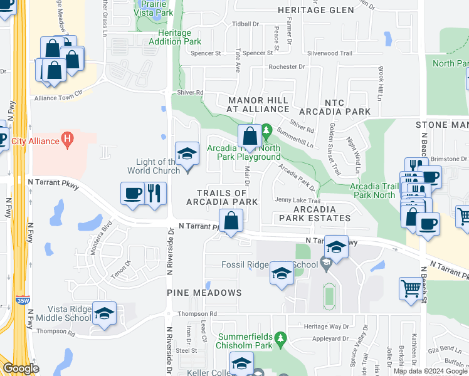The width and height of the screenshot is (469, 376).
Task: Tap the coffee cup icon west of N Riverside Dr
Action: (x=132, y=192)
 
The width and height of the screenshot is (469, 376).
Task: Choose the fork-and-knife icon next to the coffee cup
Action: (x=155, y=192)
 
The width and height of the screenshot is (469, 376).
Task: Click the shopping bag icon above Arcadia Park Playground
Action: (x=250, y=135)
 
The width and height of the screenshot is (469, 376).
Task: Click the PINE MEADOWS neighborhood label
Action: (x=204, y=293)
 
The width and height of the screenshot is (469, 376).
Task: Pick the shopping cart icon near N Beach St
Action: (x=411, y=289)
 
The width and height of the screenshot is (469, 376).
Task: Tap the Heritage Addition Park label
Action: (x=175, y=37)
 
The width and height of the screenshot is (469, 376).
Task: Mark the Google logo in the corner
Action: (x=21, y=369)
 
